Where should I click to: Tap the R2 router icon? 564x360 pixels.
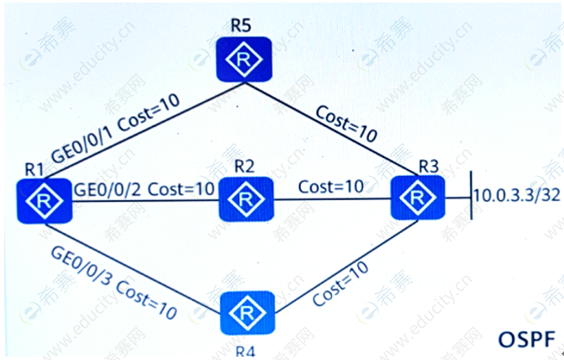click(245, 199)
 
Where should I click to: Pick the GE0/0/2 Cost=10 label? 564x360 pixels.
click(145, 188)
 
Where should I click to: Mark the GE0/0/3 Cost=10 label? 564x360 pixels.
click(113, 281)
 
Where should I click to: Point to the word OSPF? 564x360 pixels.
click(526, 339)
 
